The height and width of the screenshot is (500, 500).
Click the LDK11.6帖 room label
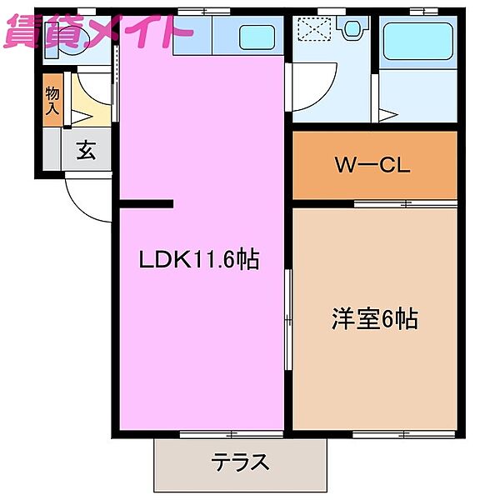[199, 260]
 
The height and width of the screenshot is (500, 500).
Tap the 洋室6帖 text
[375, 318]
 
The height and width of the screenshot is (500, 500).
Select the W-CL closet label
[372, 165]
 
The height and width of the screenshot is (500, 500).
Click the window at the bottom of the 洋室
[403, 433]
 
